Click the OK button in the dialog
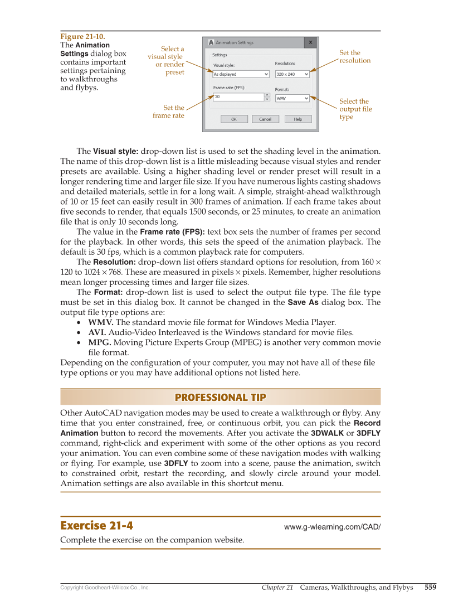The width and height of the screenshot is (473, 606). point(234,119)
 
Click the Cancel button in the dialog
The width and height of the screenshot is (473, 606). point(265,119)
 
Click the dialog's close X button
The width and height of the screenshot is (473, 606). point(310,42)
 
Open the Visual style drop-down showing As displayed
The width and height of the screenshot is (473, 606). point(241,74)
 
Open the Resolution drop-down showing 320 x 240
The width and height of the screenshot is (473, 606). point(292,74)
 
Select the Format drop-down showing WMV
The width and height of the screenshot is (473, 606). point(292,98)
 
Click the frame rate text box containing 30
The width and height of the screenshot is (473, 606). point(238,96)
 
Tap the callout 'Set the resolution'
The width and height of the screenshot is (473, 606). point(354,57)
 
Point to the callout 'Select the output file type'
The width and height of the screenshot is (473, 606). point(355,109)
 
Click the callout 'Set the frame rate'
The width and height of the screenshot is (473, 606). point(169,111)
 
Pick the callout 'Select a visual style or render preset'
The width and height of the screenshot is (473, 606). point(167,60)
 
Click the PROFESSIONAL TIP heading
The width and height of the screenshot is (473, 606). point(220,397)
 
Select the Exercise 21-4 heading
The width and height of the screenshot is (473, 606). point(96,526)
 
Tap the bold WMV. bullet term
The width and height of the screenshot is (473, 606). point(101,322)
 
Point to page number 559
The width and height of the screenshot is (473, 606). point(430,587)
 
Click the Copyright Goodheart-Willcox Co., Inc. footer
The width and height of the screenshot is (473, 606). point(105,588)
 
